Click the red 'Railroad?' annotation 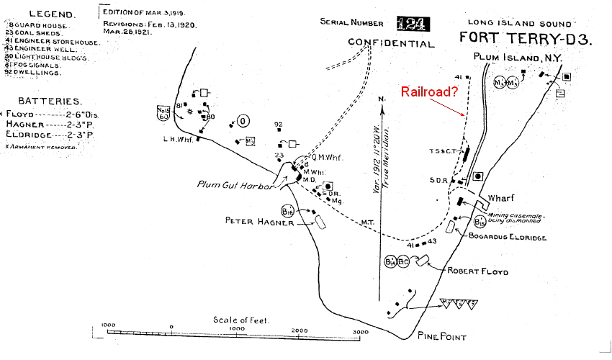[x=430, y=91]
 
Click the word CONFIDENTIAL [x=392, y=43]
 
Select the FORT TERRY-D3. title [x=526, y=39]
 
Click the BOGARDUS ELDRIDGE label [x=507, y=237]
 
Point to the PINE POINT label [x=442, y=337]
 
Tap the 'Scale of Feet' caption [x=241, y=320]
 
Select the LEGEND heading [x=50, y=14]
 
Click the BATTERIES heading [x=50, y=102]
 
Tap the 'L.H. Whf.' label [x=175, y=140]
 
